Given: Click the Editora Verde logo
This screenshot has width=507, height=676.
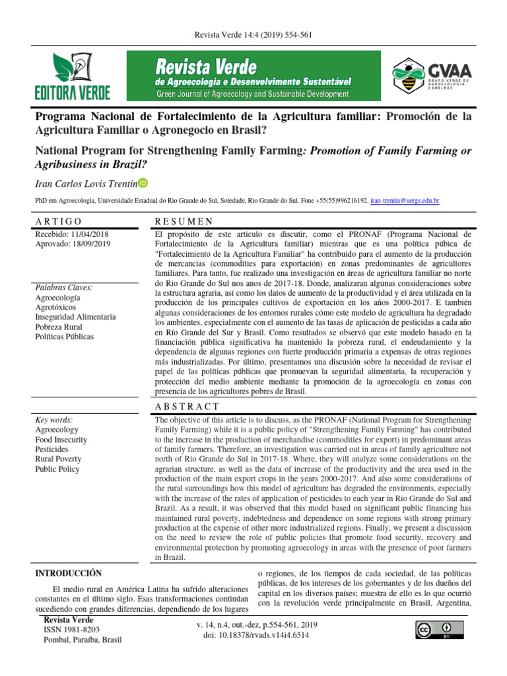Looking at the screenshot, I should [73, 76].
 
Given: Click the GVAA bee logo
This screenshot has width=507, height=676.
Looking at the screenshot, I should [433, 77].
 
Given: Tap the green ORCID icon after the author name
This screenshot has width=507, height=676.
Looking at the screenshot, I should [143, 183].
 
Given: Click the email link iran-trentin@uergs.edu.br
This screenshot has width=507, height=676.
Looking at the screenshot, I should [405, 199].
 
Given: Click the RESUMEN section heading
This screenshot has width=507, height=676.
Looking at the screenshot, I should [184, 221].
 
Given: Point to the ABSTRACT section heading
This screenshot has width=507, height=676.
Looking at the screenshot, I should [187, 407].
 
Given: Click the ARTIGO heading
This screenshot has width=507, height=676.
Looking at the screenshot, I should [59, 221].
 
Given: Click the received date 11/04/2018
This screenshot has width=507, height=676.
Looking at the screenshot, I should [90, 234].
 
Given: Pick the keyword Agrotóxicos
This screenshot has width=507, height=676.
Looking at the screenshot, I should [58, 307].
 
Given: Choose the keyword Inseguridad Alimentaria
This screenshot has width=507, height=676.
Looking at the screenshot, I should [75, 317].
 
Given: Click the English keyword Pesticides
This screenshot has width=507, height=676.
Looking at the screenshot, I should [53, 449].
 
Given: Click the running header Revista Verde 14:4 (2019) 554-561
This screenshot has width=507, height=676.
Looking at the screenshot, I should [253, 34].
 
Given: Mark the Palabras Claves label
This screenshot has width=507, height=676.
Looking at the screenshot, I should [63, 287].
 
